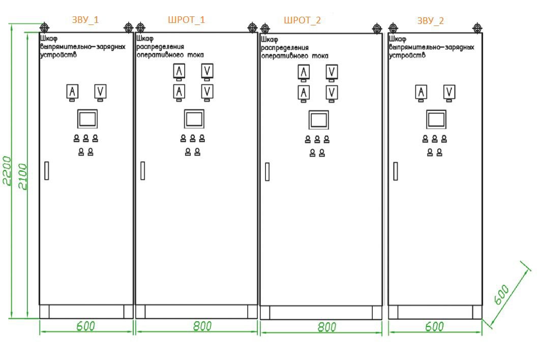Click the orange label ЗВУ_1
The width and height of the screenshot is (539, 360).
pyautogui.click(x=85, y=20)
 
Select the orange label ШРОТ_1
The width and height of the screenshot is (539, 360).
pyautogui.click(x=187, y=20)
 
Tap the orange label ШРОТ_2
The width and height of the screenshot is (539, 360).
pyautogui.click(x=302, y=20)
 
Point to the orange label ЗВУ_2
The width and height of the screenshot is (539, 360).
pyautogui.click(x=430, y=21)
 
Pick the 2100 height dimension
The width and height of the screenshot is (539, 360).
pyautogui.click(x=22, y=176)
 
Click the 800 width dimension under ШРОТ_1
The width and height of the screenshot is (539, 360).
pyautogui.click(x=202, y=326)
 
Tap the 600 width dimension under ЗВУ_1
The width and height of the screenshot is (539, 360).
pyautogui.click(x=85, y=326)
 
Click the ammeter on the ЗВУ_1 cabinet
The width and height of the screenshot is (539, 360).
pyautogui.click(x=73, y=92)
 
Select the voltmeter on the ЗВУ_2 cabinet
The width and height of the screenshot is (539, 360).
pyautogui.click(x=449, y=92)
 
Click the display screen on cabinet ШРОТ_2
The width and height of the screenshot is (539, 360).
pyautogui.click(x=318, y=120)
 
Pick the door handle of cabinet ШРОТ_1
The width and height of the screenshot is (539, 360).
pyautogui.click(x=143, y=170)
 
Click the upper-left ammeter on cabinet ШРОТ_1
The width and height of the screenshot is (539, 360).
pyautogui.click(x=179, y=71)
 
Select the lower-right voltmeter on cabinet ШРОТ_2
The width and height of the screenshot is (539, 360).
pyautogui.click(x=332, y=92)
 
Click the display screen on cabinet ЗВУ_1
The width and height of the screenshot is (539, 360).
pyautogui.click(x=87, y=118)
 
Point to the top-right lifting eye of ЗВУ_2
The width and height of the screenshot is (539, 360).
pyautogui.click(x=477, y=27)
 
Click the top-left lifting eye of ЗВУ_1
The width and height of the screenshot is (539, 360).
pyautogui.click(x=44, y=27)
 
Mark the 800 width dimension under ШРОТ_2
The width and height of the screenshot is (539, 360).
pyautogui.click(x=326, y=327)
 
